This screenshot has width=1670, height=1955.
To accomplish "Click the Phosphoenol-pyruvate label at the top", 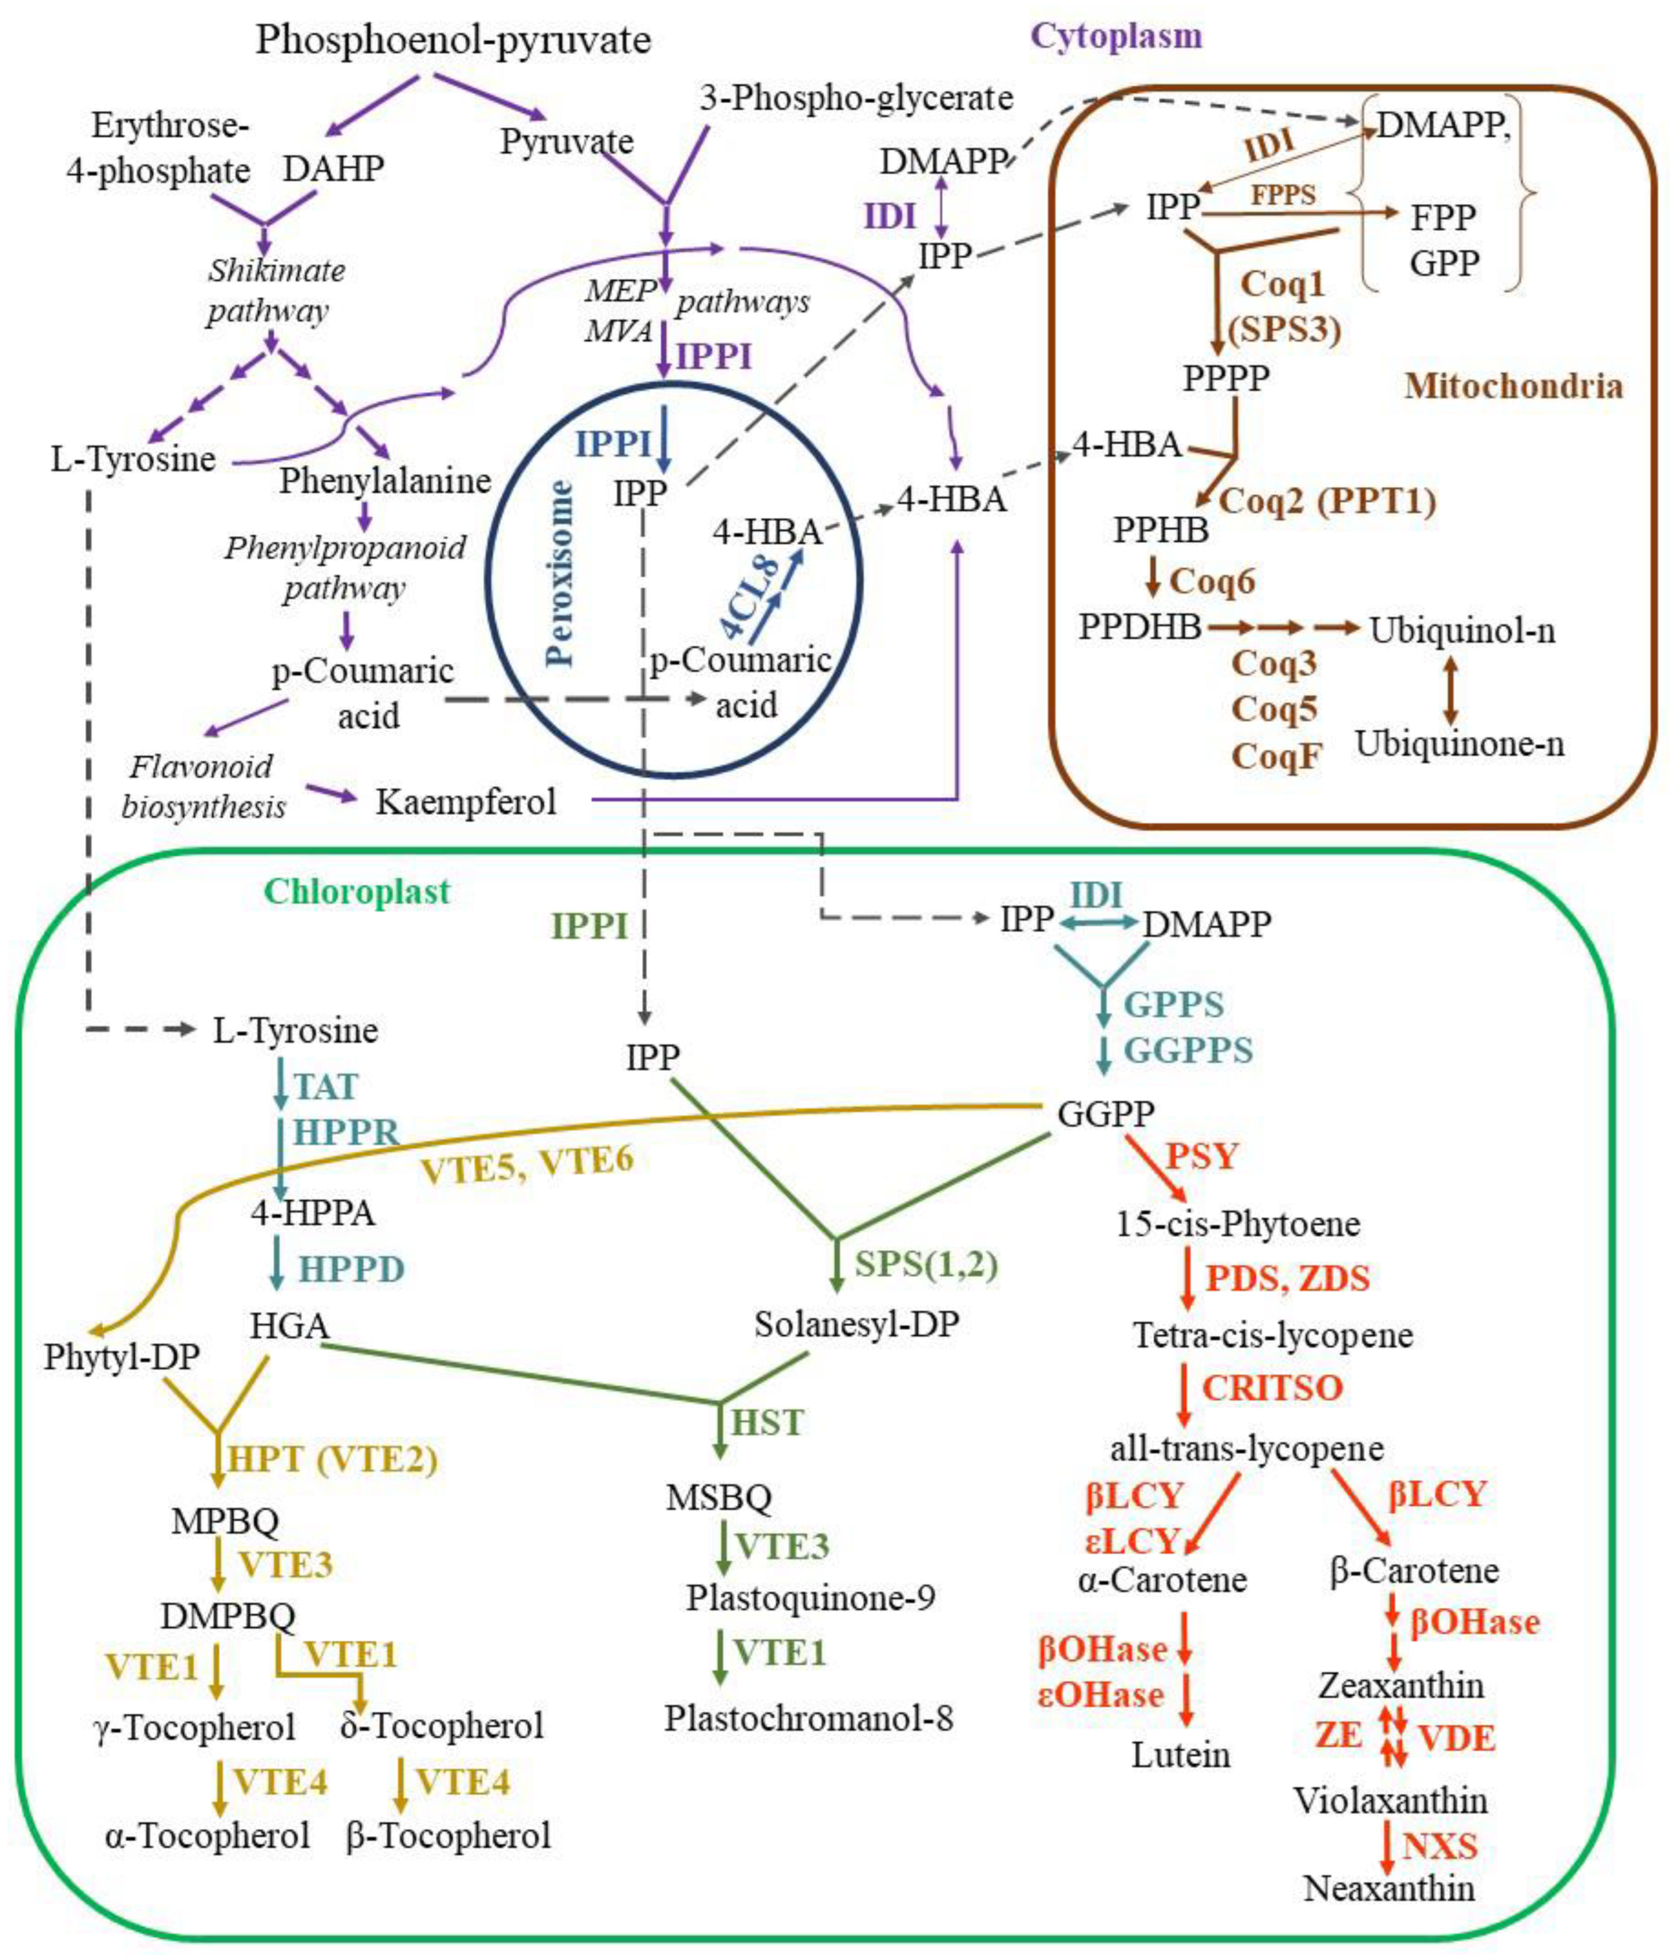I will (453, 40).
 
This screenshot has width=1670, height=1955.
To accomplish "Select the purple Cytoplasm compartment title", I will (1116, 36).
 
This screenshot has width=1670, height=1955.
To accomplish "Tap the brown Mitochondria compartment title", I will (1512, 386).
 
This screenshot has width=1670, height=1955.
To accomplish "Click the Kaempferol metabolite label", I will (466, 802).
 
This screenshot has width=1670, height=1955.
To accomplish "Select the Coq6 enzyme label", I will (1212, 581).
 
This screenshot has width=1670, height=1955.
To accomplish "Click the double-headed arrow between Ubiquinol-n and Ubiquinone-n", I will (1450, 690).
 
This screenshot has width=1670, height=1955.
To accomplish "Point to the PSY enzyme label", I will (1201, 1156).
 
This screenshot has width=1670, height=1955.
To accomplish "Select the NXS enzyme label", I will (1439, 1846).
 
